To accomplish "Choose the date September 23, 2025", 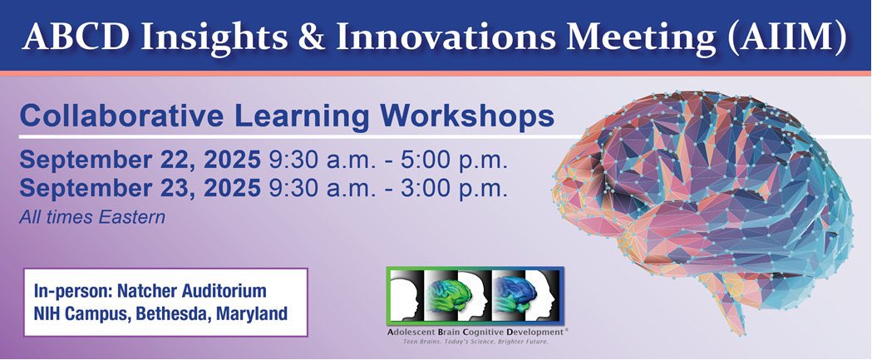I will (x=139, y=188).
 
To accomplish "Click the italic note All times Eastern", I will (x=93, y=217).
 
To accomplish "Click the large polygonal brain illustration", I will (x=715, y=191).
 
